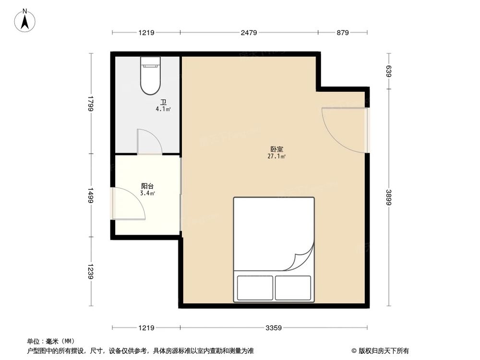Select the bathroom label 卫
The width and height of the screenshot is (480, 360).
(x=163, y=102)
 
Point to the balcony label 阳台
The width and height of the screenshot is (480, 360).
(x=147, y=186)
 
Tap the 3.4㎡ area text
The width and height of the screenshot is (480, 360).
(x=147, y=193)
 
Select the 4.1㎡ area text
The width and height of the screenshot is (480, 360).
(x=163, y=109)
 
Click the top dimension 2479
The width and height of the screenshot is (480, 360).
(x=249, y=33)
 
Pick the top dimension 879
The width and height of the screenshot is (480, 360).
(x=342, y=33)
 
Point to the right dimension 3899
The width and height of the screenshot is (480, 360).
(x=389, y=197)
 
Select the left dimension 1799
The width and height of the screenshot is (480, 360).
(x=90, y=104)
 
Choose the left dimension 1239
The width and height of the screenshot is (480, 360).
(x=90, y=271)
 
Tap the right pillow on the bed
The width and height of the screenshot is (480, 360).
(x=293, y=288)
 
